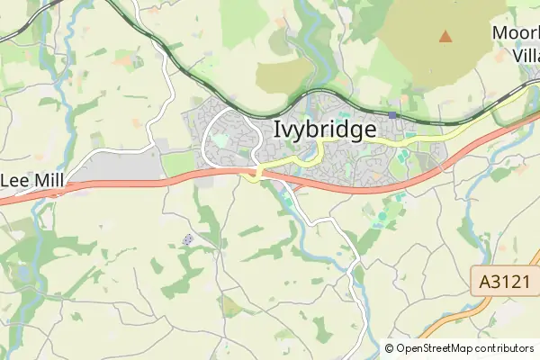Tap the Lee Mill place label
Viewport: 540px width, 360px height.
[x=31, y=180]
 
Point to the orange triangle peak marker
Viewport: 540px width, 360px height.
[x=445, y=36]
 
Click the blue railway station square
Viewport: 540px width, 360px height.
[x=392, y=115]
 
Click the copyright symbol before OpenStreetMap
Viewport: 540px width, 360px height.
[x=390, y=348]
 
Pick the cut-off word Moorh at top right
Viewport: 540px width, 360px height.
[x=516, y=33]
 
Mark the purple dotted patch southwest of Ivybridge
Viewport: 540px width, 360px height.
[x=188, y=239]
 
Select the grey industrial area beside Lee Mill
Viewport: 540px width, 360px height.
[x=126, y=165]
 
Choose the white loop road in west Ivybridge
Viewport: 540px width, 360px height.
[x=208, y=135]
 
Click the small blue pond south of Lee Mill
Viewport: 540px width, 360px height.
[x=23, y=270]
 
